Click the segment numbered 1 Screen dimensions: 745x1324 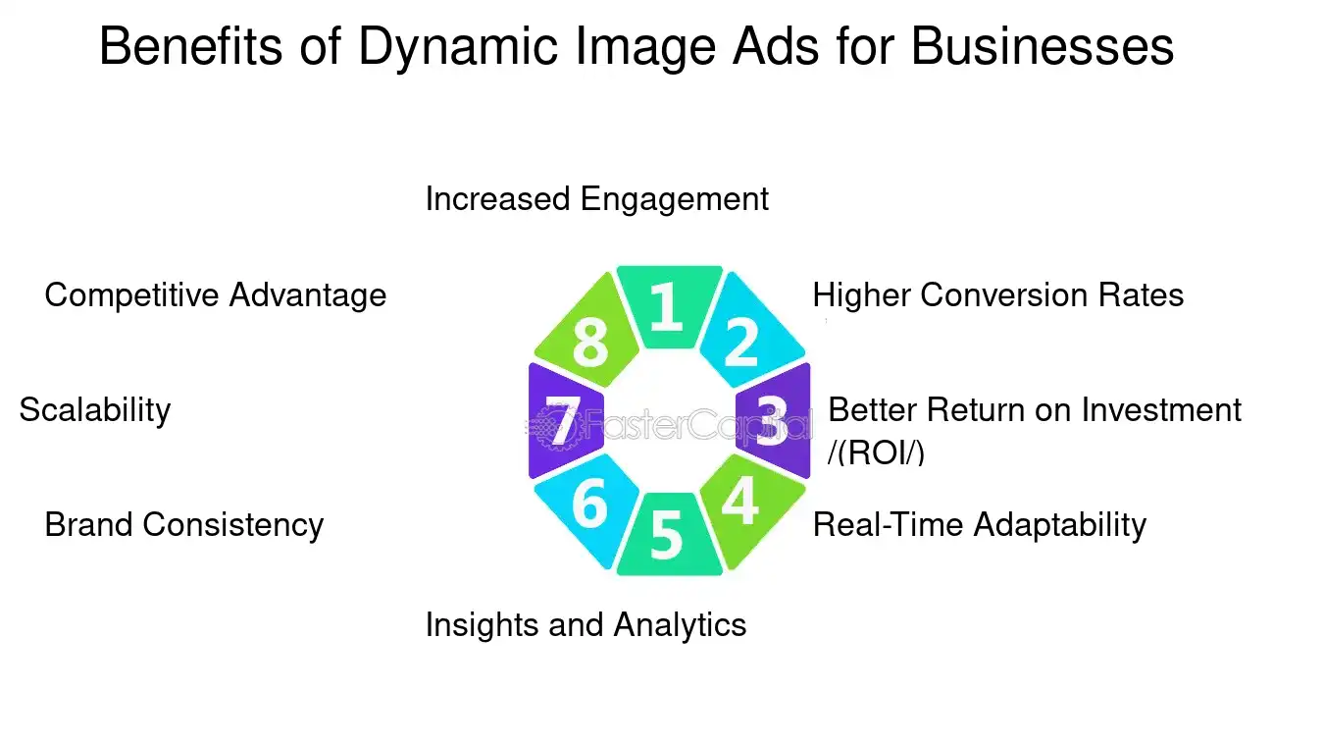point(668,305)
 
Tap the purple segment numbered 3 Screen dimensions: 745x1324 point(774,420)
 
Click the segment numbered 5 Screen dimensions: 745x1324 point(667,536)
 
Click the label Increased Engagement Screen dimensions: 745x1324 point(596,199)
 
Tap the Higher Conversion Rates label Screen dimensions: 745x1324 point(997,294)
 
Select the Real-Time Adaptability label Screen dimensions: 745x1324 point(979,525)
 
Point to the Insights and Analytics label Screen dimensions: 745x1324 point(586,624)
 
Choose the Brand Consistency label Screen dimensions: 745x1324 point(183,525)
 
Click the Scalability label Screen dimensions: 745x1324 point(94,409)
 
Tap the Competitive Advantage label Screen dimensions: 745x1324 point(215,294)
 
